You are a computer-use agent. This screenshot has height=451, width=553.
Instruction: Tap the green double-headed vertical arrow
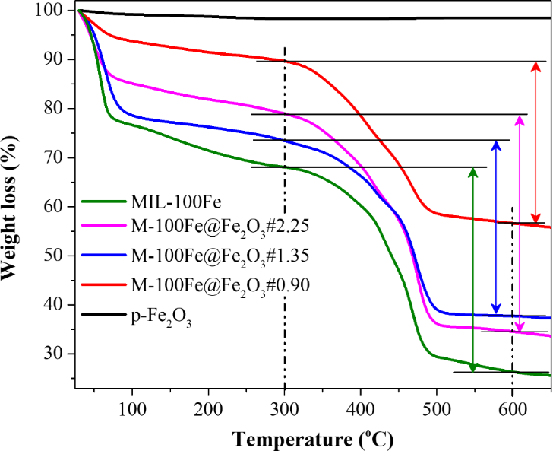(472, 269)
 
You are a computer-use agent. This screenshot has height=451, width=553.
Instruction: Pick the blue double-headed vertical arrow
(496, 227)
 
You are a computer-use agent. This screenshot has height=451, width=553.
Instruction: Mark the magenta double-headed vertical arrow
(519, 224)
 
